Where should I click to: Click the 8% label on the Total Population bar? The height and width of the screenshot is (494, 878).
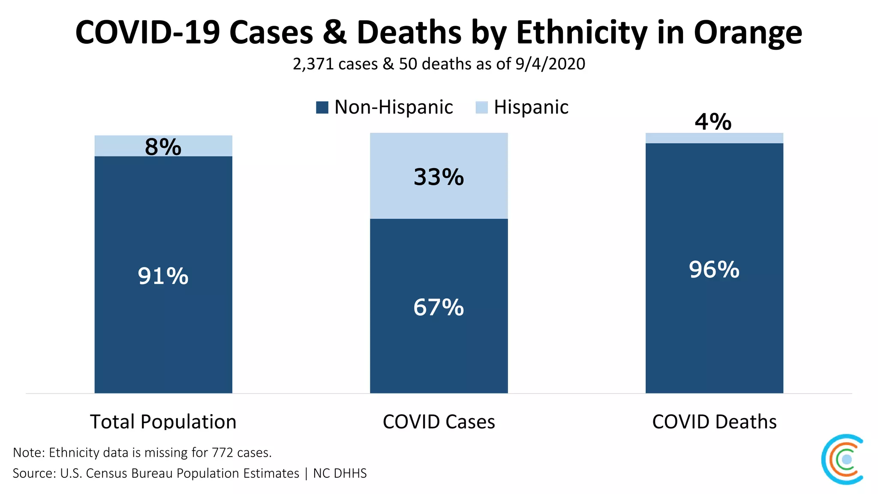[x=163, y=147]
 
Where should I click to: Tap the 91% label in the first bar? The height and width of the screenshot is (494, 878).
[x=163, y=276]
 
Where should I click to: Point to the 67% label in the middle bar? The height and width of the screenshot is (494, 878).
[x=439, y=307]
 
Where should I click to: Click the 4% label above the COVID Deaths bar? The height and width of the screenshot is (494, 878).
[x=713, y=122]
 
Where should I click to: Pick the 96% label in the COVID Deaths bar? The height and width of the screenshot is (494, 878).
[x=714, y=270]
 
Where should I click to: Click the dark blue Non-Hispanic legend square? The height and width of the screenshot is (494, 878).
[x=322, y=107]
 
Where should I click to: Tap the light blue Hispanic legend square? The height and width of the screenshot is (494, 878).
[x=481, y=107]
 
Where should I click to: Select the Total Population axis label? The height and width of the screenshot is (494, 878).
[x=163, y=422]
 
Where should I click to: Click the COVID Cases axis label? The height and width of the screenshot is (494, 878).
[x=439, y=422]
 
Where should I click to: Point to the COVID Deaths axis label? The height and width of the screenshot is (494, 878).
[x=714, y=422]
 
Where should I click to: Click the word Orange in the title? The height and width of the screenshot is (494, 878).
[x=748, y=33]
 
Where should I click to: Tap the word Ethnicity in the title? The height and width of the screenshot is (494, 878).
[x=582, y=33]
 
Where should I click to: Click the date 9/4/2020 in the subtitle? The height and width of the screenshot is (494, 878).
[x=550, y=64]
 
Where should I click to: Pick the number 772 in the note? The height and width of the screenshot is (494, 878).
[x=223, y=452]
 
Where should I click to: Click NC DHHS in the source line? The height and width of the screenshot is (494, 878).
[x=340, y=473]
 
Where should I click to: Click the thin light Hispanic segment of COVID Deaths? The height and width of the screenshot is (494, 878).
[x=714, y=138]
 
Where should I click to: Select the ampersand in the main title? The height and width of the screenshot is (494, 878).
[x=335, y=33]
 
